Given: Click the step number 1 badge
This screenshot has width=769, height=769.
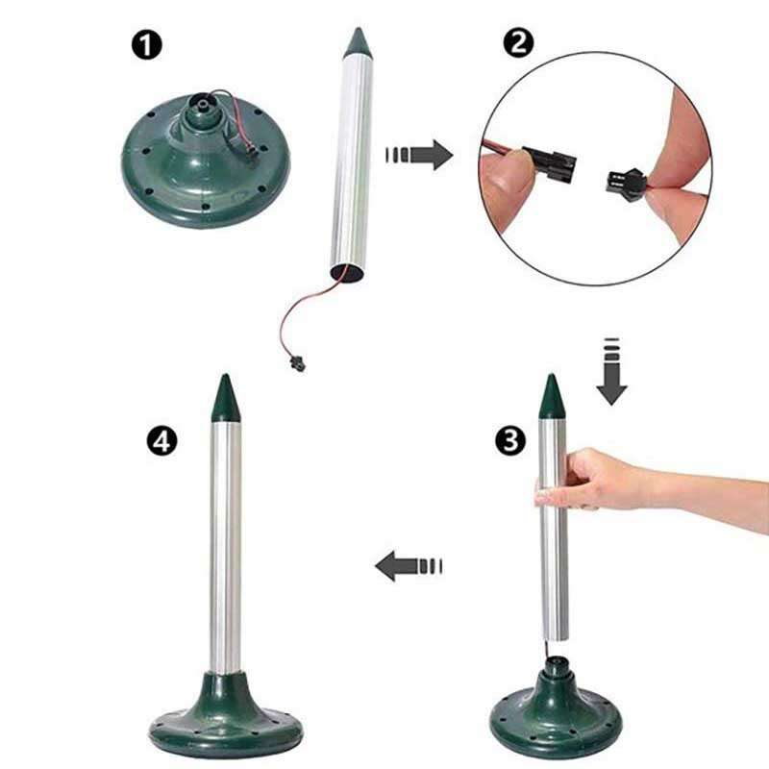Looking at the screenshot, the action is point(146,45).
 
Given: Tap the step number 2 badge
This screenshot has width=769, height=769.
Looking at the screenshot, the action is point(518,42).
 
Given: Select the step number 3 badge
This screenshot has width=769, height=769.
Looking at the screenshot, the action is point(510,440).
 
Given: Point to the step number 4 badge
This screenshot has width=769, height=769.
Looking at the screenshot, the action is point(161,440).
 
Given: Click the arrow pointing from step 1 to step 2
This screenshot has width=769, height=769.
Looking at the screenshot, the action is point(419,155).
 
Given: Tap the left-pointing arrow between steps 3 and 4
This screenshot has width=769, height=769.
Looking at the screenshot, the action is point(409,566).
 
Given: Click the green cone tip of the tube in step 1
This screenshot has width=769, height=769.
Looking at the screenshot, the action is point(358,42).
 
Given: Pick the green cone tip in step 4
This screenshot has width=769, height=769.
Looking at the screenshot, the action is point(225,398).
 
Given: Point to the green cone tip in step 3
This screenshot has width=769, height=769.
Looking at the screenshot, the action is point(552,396).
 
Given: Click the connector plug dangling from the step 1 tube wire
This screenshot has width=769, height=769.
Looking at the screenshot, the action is point(297,363).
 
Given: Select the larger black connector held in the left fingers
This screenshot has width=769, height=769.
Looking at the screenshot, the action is point(549,163).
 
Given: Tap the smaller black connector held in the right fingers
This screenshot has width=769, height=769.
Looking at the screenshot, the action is point(625,182).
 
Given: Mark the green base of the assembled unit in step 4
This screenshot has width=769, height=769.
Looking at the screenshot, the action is point(226,715).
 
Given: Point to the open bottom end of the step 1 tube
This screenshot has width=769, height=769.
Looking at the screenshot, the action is point(347,273).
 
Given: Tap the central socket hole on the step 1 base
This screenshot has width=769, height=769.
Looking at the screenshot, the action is point(202,103).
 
